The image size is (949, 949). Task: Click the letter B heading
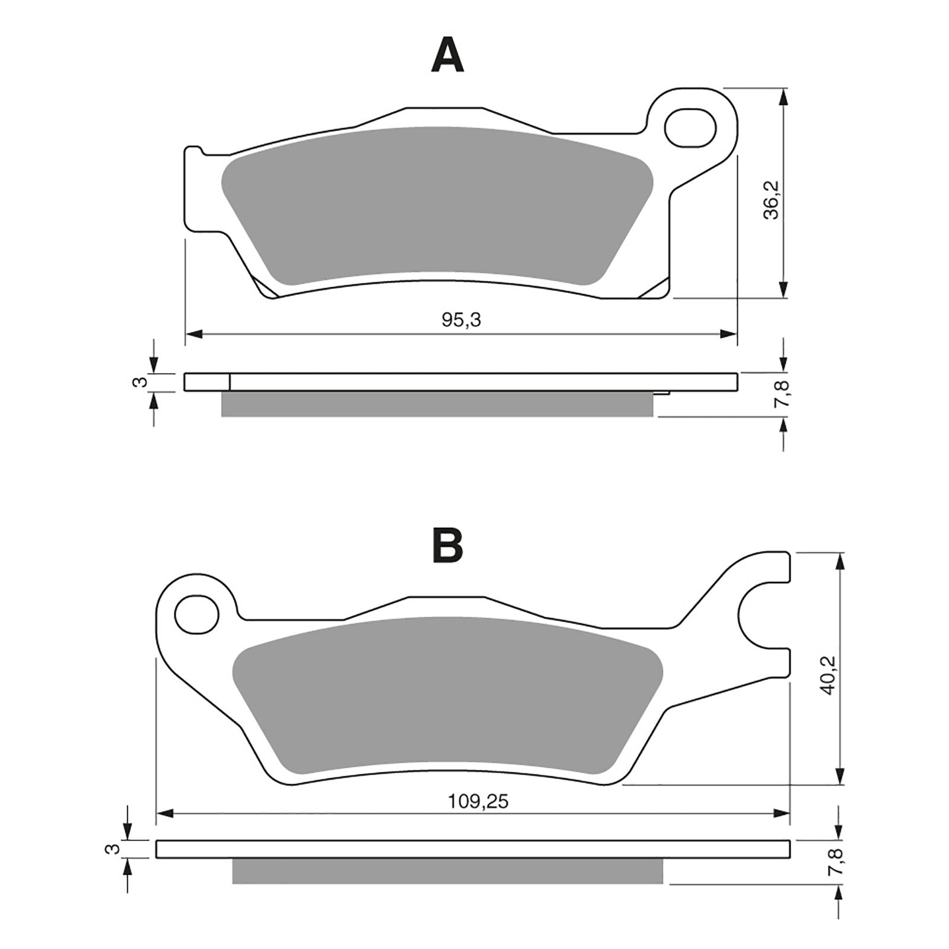(447, 545)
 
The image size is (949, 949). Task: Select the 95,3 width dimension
(461, 320)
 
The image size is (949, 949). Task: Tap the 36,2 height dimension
(771, 200)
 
